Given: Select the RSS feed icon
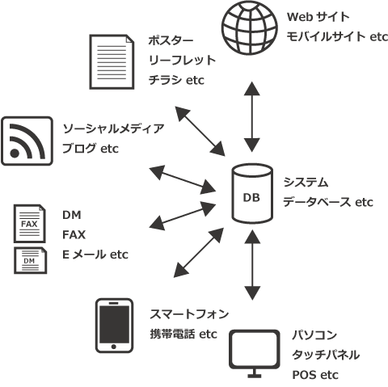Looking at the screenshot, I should [28, 141].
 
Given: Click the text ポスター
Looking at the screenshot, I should [171, 40].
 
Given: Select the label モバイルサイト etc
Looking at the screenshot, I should [334, 36].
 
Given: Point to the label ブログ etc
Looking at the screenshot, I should [91, 149].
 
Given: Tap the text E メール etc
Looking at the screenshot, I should [95, 255].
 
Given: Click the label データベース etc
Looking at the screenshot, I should [327, 202].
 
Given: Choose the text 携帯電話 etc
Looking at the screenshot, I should [173, 334].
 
